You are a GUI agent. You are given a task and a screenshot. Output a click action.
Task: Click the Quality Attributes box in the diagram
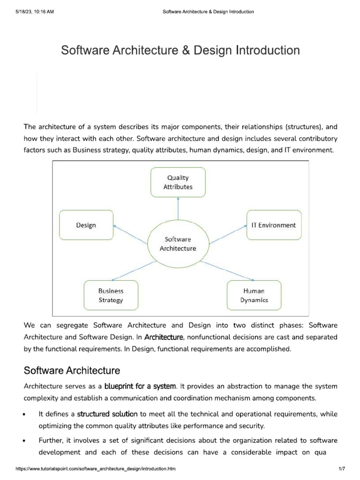(178, 182)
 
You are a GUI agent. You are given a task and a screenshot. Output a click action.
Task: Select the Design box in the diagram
(86, 225)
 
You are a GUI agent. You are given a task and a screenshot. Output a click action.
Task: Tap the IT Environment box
(273, 225)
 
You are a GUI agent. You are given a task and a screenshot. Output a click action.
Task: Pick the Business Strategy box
(111, 295)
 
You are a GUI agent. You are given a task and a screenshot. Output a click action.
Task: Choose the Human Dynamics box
(254, 295)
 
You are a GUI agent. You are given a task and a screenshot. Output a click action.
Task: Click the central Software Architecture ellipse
(178, 244)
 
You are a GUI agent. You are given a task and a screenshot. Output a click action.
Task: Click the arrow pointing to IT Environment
(227, 234)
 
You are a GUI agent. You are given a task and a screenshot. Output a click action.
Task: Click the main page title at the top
(180, 50)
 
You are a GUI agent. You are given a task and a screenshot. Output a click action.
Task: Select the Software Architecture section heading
(72, 371)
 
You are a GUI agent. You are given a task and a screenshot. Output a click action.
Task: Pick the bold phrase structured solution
(107, 414)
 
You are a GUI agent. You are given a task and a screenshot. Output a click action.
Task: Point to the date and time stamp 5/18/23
(35, 12)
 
